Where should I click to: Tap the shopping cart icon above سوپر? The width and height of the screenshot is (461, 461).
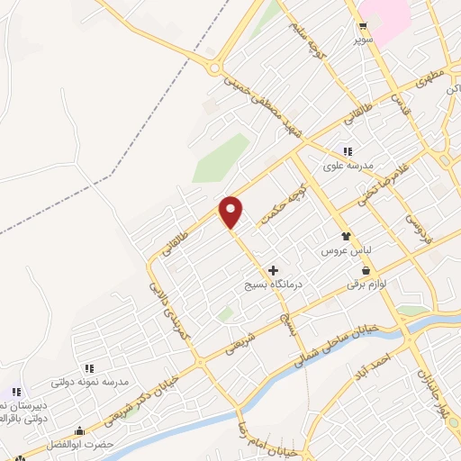[x=363, y=26]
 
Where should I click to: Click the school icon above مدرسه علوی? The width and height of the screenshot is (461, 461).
[x=348, y=151]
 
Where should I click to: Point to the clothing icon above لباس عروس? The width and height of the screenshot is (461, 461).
[x=344, y=235]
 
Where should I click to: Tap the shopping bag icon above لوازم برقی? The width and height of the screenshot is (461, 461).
[x=366, y=270]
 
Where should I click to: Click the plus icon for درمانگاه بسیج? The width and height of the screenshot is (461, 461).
[x=273, y=270]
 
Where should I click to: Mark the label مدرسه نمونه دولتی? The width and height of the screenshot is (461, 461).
[x=90, y=383]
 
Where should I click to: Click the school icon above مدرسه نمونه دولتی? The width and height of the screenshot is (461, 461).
[x=89, y=368]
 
